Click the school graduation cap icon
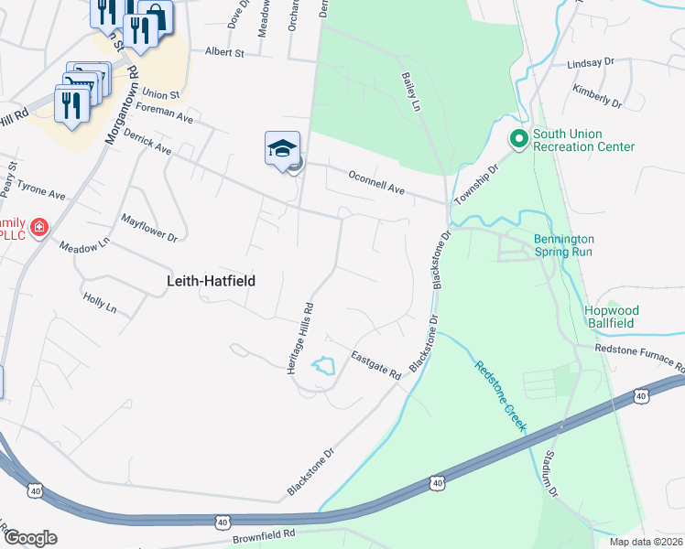click(283, 148)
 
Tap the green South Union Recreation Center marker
click(517, 139)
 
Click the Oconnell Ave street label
click(375, 181)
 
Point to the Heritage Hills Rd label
click(310, 334)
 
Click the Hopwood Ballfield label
click(624, 317)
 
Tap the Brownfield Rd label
click(263, 533)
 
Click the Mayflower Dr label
click(148, 228)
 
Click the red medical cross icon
click(38, 227)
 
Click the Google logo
click(29, 538)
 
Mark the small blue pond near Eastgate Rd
click(322, 367)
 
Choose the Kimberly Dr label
click(597, 94)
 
